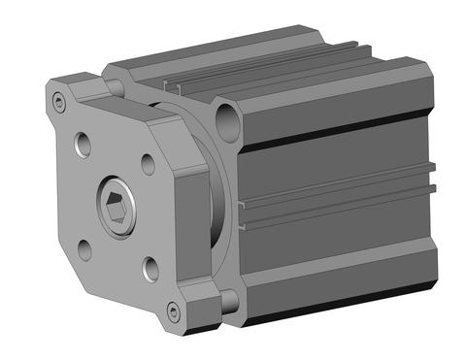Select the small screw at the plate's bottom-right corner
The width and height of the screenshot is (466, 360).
(x=173, y=311)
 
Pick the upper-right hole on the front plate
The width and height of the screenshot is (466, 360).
(x=148, y=164)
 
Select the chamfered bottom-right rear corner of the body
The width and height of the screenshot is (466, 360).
(x=427, y=281)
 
